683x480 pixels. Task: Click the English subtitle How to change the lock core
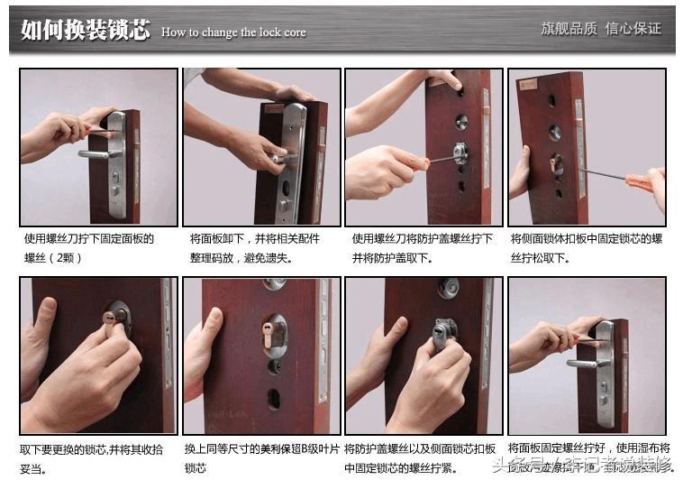(233, 32)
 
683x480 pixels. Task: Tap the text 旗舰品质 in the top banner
(568, 29)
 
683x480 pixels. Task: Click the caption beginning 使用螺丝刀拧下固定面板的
(89, 247)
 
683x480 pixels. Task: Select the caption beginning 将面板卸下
(254, 247)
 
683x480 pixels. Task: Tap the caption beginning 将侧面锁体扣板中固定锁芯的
(587, 247)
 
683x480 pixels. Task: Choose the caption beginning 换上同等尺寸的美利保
(262, 457)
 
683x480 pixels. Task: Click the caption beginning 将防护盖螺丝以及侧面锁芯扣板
(419, 457)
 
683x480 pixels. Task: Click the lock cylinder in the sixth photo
(275, 336)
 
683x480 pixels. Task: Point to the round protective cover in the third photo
(460, 152)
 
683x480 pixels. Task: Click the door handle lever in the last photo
(586, 363)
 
